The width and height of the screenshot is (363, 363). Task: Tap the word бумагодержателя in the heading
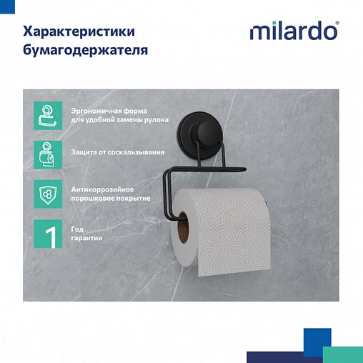[86, 51]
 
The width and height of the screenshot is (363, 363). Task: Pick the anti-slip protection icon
[46, 153]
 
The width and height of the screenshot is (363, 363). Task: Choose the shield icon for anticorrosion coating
[46, 192]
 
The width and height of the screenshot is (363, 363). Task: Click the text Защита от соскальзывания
[118, 152]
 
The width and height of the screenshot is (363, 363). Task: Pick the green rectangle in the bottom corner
[343, 354]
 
